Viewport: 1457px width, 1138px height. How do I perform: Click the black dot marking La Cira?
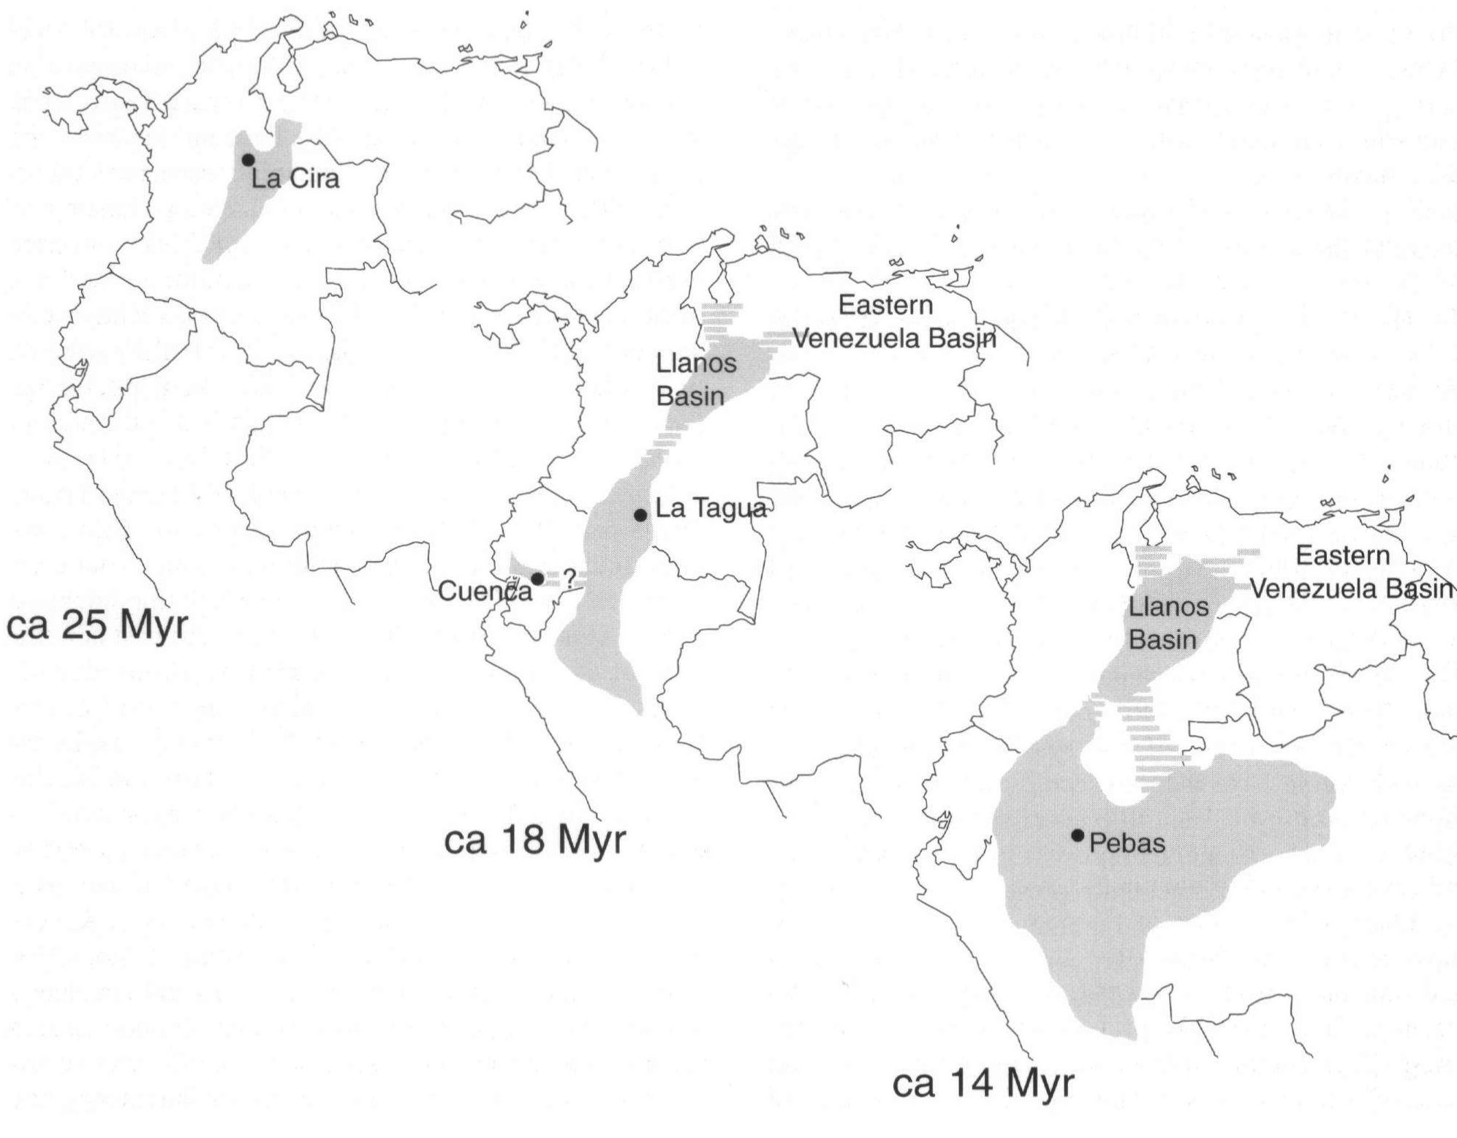[248, 159]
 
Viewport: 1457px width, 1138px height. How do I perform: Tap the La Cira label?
[295, 178]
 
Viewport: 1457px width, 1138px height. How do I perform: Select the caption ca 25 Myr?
[97, 626]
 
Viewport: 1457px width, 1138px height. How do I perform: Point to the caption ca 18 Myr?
[534, 840]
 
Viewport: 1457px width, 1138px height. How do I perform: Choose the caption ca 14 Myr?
[983, 1083]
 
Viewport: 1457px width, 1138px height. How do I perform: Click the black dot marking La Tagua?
[640, 515]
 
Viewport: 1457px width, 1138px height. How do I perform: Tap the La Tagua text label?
[711, 508]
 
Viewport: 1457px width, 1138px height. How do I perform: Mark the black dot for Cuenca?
[537, 579]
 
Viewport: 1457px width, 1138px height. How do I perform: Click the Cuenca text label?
[485, 591]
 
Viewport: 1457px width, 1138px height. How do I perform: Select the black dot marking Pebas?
[1077, 835]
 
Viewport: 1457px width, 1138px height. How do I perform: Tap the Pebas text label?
[1127, 843]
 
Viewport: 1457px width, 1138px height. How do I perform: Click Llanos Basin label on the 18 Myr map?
[695, 380]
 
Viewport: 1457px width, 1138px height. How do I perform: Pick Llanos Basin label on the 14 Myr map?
[1168, 623]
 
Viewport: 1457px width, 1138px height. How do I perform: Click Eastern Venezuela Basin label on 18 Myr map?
[893, 322]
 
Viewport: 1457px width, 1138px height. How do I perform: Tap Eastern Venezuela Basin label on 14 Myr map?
[1351, 572]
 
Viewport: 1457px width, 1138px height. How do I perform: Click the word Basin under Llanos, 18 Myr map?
[690, 396]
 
